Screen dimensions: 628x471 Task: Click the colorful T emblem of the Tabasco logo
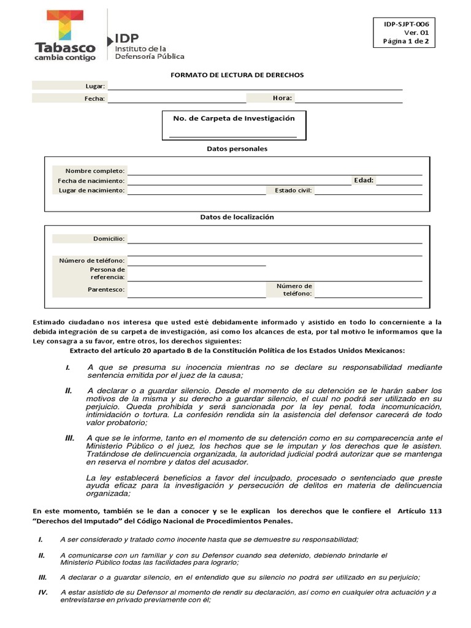click(x=65, y=25)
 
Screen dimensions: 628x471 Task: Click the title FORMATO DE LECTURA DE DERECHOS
click(x=237, y=75)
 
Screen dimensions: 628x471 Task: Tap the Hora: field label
click(x=282, y=98)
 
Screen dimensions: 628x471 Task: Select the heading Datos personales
click(x=237, y=149)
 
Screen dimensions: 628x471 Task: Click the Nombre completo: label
click(x=95, y=170)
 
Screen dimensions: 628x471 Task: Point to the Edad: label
click(x=363, y=180)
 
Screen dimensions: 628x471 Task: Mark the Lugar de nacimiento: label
click(x=91, y=190)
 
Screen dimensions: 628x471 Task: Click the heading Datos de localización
click(x=237, y=217)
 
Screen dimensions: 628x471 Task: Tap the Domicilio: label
click(x=109, y=238)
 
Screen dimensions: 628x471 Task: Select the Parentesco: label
click(x=106, y=289)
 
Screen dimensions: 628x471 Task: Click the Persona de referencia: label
click(x=107, y=273)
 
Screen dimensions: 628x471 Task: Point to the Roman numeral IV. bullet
click(x=43, y=592)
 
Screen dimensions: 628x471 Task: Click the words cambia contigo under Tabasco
click(x=65, y=58)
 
